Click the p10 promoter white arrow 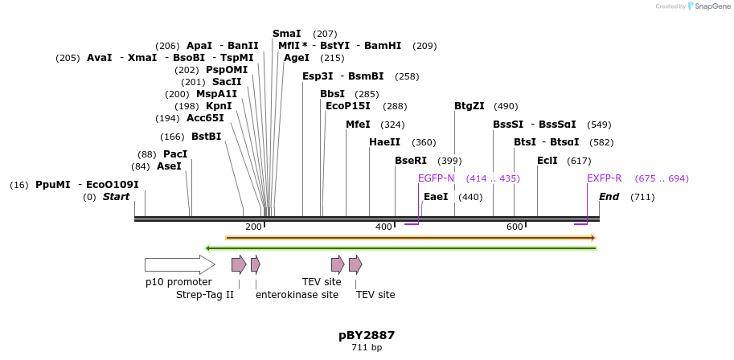179,264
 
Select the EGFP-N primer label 436,178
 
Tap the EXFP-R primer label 604,178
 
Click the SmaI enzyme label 286,34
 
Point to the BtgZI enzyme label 470,106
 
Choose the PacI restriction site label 175,154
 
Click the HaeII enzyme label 384,142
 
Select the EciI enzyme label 547,161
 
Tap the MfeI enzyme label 358,125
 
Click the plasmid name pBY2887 367,335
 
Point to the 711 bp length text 367,348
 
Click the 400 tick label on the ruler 383,227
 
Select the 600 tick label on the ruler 515,227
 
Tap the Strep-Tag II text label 205,295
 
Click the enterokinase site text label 297,295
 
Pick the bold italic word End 610,197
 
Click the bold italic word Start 116,197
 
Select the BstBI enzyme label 206,137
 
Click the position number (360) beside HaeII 424,142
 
